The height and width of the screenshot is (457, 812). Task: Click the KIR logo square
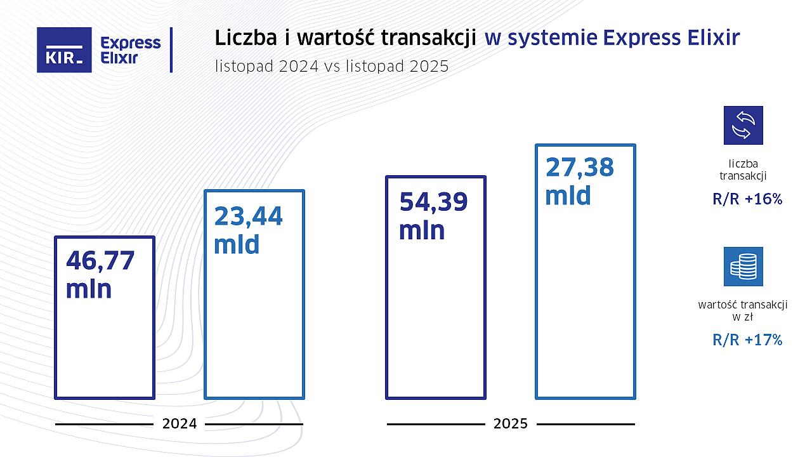coord(64,50)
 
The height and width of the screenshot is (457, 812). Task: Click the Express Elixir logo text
coord(131,50)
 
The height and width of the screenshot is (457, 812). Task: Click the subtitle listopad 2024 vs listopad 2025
coord(332,66)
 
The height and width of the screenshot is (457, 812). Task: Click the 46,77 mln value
coord(100,274)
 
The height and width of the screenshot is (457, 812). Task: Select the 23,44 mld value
coord(248,230)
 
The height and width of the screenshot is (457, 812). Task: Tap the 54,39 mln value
coord(433,215)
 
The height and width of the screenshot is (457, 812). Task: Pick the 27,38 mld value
coord(580,181)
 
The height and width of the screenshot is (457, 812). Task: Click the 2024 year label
coord(180,424)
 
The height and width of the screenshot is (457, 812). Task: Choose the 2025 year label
coord(511,424)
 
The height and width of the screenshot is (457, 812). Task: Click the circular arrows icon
coord(743,125)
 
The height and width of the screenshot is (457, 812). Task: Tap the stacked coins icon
coord(743,267)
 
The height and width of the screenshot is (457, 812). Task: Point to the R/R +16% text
coord(747,199)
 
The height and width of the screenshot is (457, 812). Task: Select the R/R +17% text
coord(747,340)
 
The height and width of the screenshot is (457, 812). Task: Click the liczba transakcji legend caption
coord(743,169)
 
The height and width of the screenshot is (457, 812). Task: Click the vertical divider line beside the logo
coord(171,50)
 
